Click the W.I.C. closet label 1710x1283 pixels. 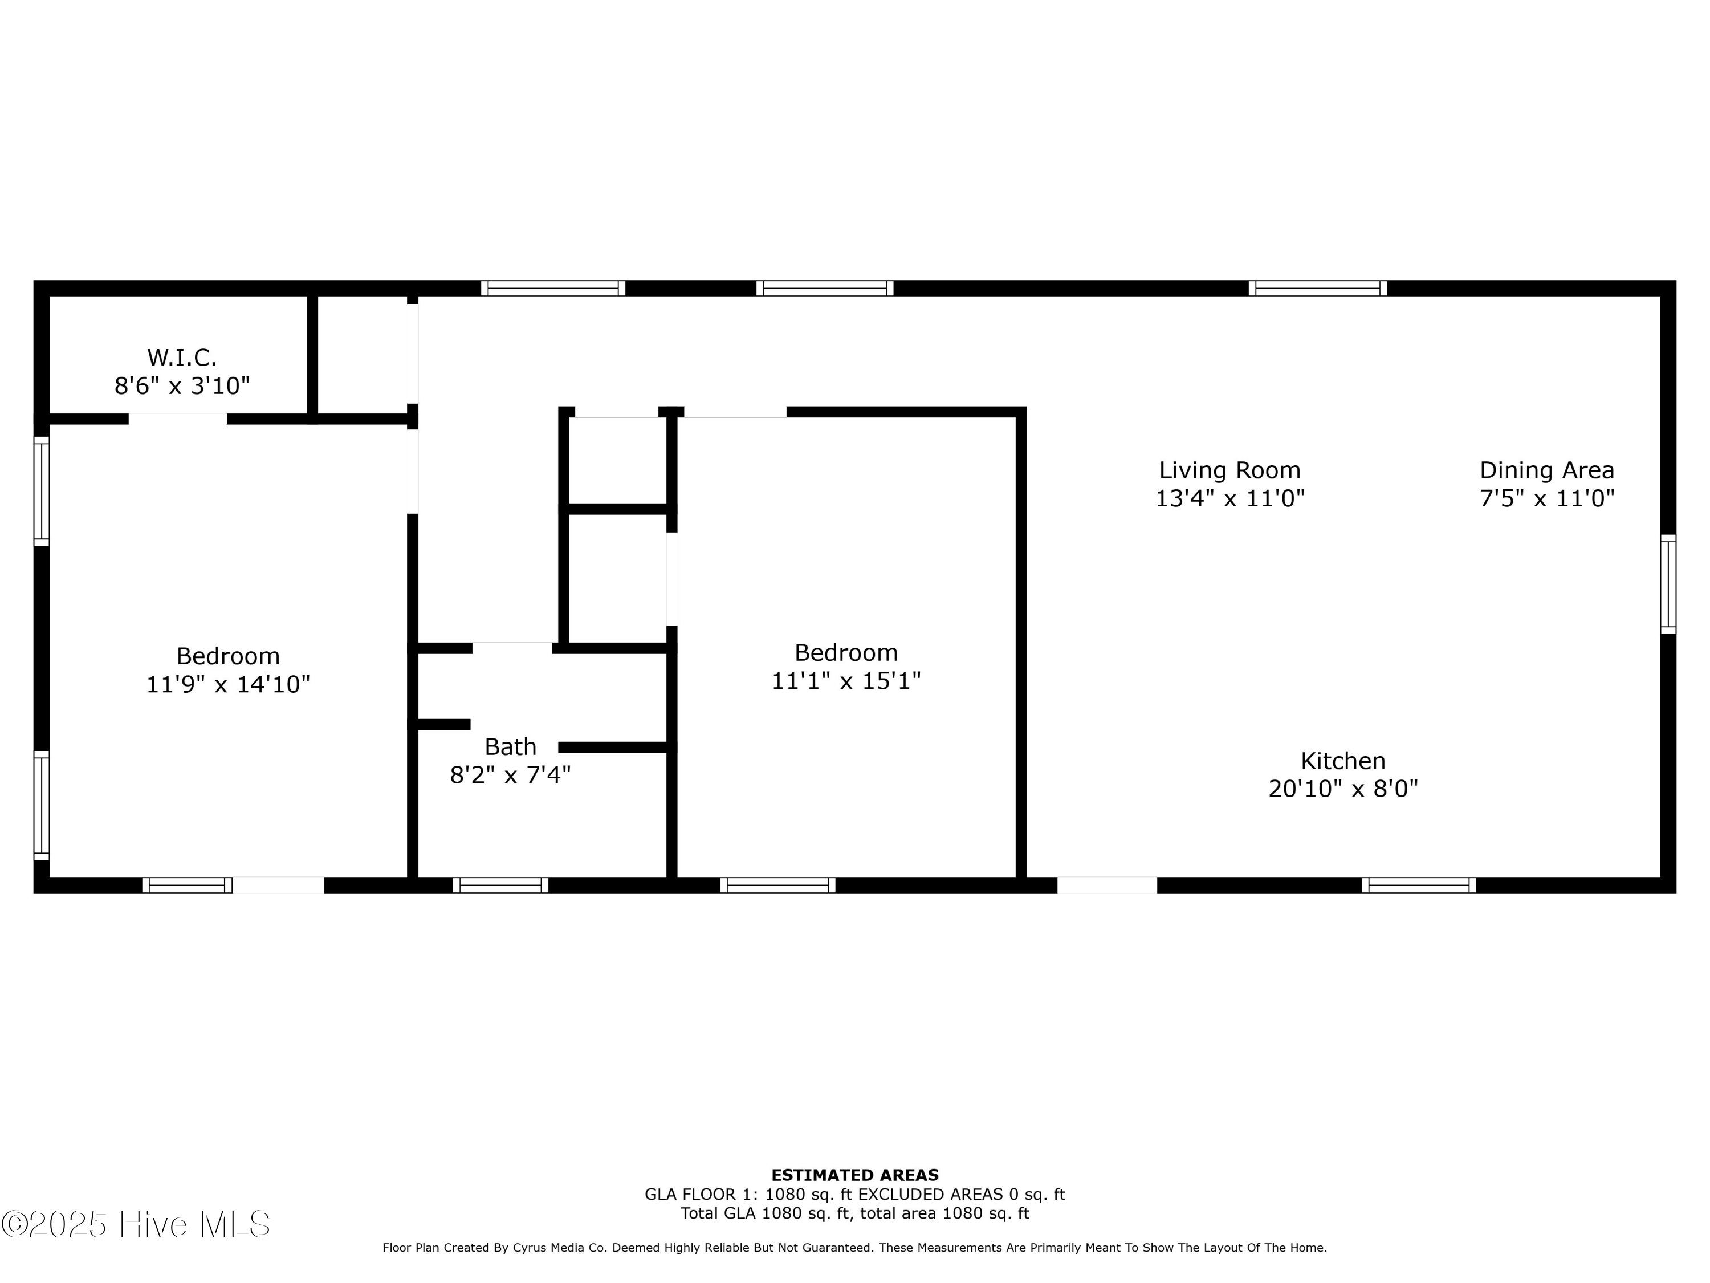point(182,358)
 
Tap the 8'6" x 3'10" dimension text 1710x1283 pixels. point(182,385)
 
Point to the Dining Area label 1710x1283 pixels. point(1547,470)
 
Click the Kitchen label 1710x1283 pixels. point(1343,761)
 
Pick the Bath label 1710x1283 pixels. point(510,747)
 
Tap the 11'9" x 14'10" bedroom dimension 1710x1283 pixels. point(228,684)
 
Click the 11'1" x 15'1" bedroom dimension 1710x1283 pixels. point(846,680)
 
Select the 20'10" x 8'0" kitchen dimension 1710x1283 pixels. point(1343,789)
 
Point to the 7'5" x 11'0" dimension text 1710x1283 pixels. point(1547,498)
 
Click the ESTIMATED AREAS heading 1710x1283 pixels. point(855,1175)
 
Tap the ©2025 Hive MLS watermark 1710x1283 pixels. point(136,1224)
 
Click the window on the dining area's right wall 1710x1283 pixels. point(1668,584)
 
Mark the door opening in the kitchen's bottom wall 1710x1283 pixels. point(1107,885)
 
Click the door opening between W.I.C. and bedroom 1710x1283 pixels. point(178,419)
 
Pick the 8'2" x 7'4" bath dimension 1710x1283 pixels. point(510,775)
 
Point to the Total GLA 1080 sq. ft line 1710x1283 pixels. point(766,1213)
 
